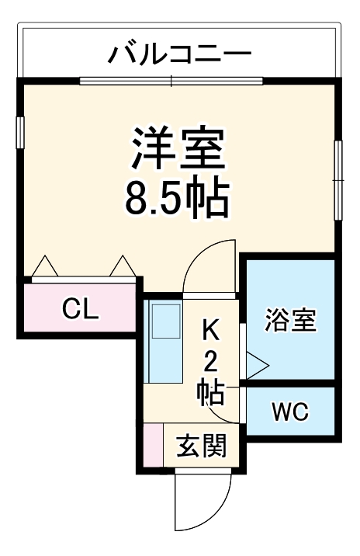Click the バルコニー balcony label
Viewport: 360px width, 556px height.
(179, 54)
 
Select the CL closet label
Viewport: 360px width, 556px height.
(81, 310)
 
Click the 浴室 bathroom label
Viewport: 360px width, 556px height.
(290, 321)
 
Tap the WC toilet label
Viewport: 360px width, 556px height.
(289, 412)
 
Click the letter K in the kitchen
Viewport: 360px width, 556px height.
(211, 330)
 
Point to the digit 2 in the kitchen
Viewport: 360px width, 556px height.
(211, 362)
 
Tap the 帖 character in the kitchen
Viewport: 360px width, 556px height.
(210, 393)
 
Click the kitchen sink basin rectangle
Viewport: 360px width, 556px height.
(165, 321)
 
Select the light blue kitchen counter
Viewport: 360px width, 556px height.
(164, 342)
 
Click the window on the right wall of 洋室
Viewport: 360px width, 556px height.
(338, 179)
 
